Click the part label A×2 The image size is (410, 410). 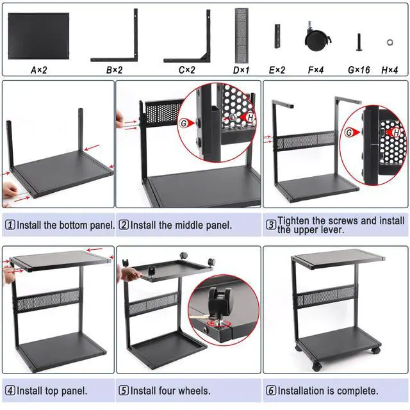pyautogui.click(x=39, y=69)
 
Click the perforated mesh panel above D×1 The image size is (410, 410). pyautogui.click(x=242, y=32)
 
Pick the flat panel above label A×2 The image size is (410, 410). pyautogui.click(x=38, y=33)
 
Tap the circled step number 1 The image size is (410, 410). pyautogui.click(x=10, y=225)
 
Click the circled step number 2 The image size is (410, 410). pyautogui.click(x=124, y=225)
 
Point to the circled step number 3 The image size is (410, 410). pyautogui.click(x=271, y=225)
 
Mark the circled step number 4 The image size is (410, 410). pyautogui.click(x=10, y=390)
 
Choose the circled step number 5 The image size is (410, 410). pyautogui.click(x=124, y=390)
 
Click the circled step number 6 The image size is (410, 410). pyautogui.click(x=271, y=390)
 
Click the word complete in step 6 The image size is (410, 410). pyautogui.click(x=357, y=390)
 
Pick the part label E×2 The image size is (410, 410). pyautogui.click(x=277, y=69)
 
